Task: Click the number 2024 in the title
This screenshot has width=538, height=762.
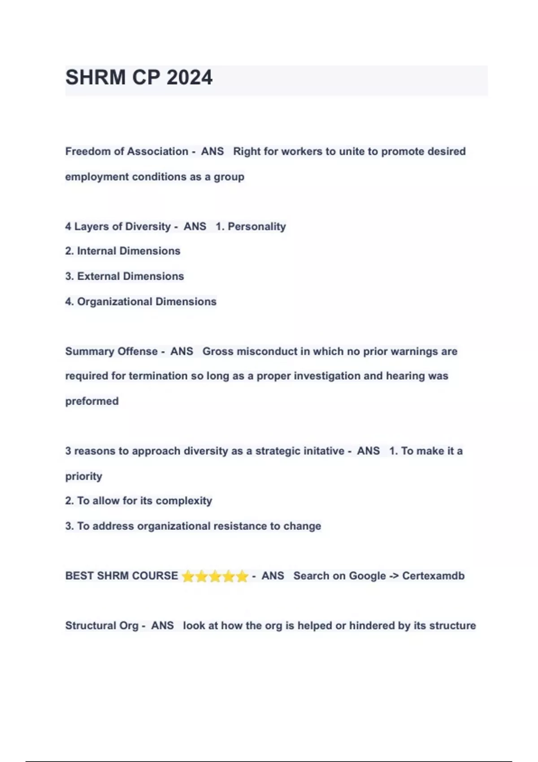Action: click(190, 78)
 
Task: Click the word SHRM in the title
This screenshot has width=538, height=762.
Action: click(95, 78)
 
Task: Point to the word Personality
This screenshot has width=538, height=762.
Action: click(256, 226)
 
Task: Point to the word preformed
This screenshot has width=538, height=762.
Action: click(92, 401)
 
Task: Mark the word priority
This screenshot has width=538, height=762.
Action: click(84, 476)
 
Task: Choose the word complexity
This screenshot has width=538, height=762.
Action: click(184, 501)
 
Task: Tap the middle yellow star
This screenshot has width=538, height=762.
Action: click(215, 576)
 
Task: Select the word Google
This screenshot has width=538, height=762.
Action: click(367, 576)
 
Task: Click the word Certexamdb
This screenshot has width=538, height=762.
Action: click(433, 576)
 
